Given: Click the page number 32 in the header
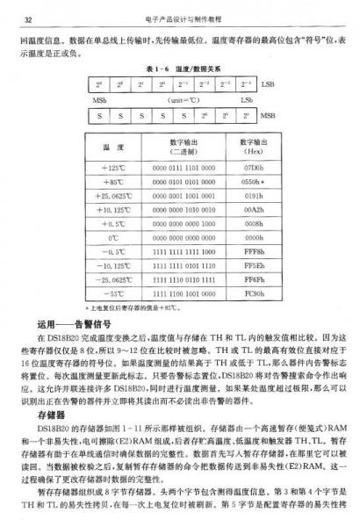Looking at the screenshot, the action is pyautogui.click(x=28, y=18).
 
